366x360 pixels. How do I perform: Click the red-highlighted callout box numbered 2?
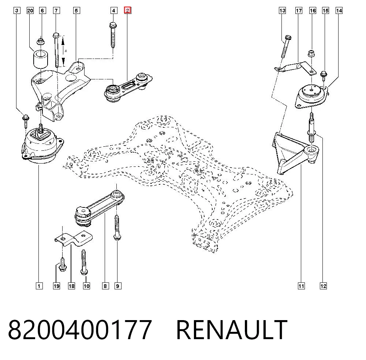[127, 11]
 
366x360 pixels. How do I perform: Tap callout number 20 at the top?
[30, 11]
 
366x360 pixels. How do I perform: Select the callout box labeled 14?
[339, 11]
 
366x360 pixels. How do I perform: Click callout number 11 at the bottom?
[301, 286]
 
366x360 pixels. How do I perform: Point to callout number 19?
[56, 286]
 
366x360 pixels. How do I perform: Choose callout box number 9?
[117, 286]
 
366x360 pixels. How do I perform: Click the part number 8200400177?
[80, 330]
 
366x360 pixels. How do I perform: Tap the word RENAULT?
[232, 330]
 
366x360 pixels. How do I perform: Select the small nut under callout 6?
[41, 41]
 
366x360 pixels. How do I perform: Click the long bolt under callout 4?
[113, 35]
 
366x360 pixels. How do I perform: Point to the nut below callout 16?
[311, 53]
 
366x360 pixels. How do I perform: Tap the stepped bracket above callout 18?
[73, 238]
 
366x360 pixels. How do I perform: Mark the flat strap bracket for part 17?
[295, 68]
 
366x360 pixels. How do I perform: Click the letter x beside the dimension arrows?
[66, 50]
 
